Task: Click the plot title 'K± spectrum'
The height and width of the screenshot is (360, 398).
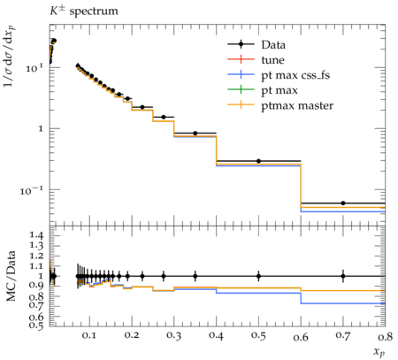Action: coord(84,11)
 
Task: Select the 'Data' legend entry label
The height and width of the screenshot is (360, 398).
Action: coord(273,45)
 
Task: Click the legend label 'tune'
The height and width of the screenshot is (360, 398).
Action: coord(272,60)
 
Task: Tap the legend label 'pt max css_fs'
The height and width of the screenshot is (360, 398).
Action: coord(295,75)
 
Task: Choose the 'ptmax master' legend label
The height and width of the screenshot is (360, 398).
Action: coord(297,105)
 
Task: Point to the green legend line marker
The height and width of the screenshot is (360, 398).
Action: coord(241,89)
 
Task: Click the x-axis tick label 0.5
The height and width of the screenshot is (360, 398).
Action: coord(258,336)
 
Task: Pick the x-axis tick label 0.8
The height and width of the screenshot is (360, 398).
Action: coord(386,336)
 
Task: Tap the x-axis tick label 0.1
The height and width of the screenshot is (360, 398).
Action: coord(89,336)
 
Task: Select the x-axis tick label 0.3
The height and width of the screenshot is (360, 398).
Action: coord(174,336)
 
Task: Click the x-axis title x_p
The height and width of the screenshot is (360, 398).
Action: coord(379,352)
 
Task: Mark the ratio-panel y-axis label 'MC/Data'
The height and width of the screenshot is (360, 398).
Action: coord(11,276)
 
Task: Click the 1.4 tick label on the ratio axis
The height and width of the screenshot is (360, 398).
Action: coord(37,235)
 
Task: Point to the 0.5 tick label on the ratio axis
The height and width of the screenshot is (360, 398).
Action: coord(37,326)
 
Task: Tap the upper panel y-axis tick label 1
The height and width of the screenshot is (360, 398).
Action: coord(41,129)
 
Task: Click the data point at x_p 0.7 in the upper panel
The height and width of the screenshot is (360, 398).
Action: coord(343,203)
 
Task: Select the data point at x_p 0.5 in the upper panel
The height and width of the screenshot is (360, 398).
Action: coord(258,161)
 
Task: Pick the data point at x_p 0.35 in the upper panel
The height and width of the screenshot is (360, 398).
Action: coord(195,134)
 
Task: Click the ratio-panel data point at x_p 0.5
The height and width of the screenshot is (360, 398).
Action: coord(258,276)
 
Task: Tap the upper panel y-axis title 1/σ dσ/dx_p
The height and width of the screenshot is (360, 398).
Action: coord(10,56)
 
